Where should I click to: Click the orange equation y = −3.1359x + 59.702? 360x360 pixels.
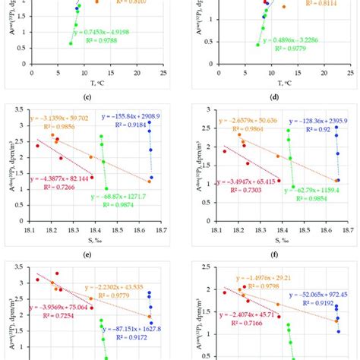click(60, 120)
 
